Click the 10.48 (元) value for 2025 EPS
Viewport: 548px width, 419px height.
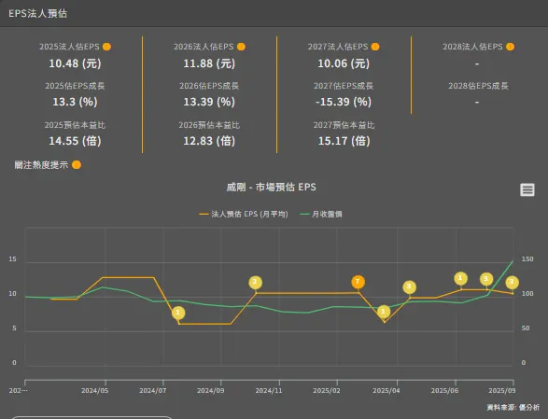[75, 63]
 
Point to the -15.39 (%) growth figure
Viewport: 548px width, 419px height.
[344, 102]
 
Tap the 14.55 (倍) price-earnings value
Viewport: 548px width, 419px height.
[75, 141]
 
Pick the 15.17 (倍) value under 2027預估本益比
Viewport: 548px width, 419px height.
[344, 141]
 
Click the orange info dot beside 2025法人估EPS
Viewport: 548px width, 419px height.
[106, 47]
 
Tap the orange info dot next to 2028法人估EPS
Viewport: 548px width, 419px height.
[510, 47]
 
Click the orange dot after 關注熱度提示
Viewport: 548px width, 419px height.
[77, 165]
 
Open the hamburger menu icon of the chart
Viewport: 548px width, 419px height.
[527, 190]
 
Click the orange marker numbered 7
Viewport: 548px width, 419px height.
[358, 282]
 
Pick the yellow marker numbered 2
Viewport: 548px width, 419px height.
[256, 282]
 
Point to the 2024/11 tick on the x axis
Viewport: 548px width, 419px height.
[269, 392]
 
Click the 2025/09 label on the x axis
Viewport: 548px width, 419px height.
[501, 392]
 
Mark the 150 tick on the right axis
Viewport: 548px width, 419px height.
[527, 259]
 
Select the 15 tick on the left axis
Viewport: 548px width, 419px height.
[12, 259]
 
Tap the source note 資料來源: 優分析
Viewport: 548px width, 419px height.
[513, 408]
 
